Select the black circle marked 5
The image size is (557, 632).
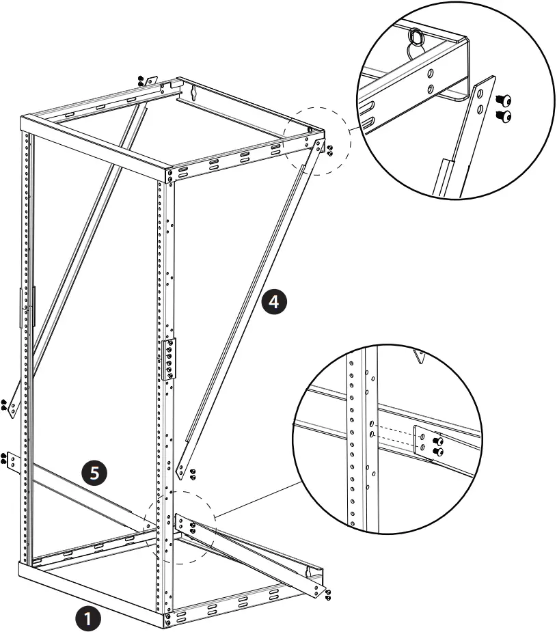coord(94,471)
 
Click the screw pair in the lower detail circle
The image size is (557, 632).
coord(437,445)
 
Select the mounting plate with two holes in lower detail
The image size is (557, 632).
coord(421,442)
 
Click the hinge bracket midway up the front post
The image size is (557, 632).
coord(169,359)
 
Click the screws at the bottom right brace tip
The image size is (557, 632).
coord(329,594)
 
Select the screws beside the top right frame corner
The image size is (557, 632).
coord(330,150)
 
